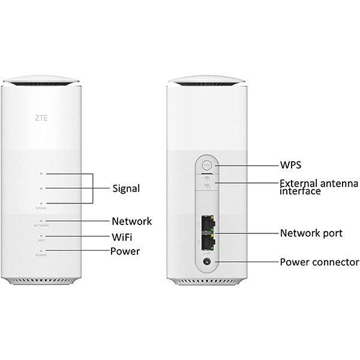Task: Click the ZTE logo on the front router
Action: pos(41,110)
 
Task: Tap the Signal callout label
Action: pos(126,188)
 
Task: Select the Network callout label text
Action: pos(131,221)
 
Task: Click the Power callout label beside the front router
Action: pos(125,251)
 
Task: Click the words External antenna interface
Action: pos(319,187)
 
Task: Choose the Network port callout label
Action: pos(311,233)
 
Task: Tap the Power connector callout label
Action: pos(319,262)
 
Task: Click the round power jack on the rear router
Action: pos(207,262)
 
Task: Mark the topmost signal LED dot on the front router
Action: pos(41,174)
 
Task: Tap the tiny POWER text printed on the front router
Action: pos(41,256)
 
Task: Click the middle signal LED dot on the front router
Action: pos(41,188)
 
